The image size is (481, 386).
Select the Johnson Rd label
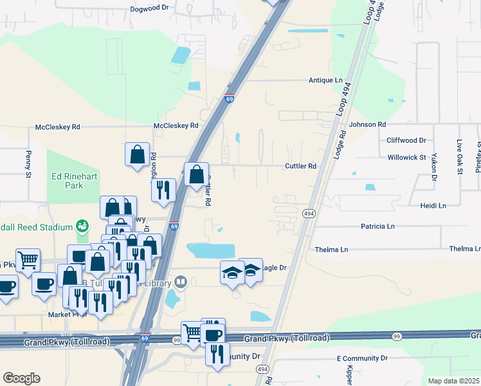point(367,124)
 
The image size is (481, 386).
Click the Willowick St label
point(407,157)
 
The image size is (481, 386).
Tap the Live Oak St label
point(460,155)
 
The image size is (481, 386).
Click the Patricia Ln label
point(377,226)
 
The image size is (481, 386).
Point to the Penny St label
point(28,163)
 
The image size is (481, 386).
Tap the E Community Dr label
point(363,358)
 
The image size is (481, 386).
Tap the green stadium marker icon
point(82,226)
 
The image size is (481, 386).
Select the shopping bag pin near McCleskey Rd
point(137,154)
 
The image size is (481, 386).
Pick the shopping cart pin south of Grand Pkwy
point(192,333)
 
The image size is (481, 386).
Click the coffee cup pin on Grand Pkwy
point(213,335)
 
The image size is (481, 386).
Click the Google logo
point(22,378)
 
